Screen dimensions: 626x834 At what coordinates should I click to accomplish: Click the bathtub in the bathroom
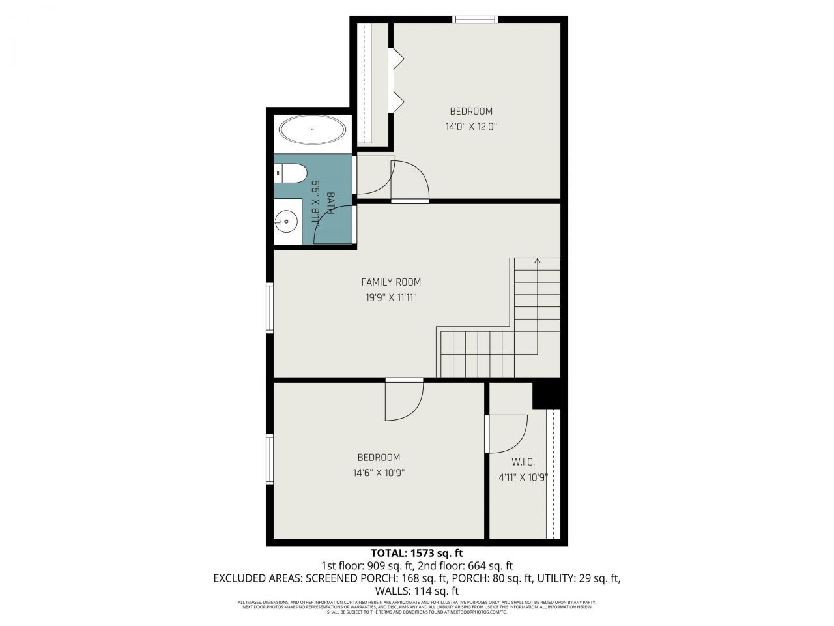[312, 130]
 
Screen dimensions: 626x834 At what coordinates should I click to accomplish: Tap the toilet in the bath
[291, 173]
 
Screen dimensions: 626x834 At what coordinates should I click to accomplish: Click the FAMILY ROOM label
[391, 282]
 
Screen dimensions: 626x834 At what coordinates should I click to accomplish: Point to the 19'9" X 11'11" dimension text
[391, 298]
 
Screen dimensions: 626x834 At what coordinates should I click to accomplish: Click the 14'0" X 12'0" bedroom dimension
[471, 127]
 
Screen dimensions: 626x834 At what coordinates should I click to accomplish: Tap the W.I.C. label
[523, 462]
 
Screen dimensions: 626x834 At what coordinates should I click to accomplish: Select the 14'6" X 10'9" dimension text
[379, 473]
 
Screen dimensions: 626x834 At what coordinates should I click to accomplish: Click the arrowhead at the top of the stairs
[538, 261]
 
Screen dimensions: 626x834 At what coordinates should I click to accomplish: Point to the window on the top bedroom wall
[476, 20]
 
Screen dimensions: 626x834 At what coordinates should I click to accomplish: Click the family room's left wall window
[270, 308]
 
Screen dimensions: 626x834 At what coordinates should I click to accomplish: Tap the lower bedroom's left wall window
[270, 460]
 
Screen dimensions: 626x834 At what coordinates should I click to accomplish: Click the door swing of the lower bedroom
[404, 401]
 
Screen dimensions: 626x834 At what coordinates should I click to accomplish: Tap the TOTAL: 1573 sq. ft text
[416, 553]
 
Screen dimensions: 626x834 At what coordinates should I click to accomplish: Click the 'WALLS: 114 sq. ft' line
[417, 591]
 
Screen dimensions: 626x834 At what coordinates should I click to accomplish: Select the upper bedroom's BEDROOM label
[471, 112]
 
